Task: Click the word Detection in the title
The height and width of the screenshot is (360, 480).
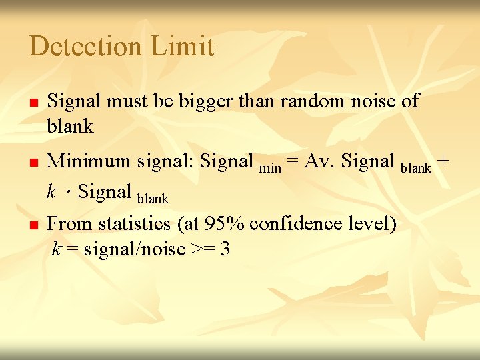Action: point(85,47)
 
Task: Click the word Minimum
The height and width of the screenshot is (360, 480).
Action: point(89,161)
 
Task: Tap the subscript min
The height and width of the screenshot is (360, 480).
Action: point(269,168)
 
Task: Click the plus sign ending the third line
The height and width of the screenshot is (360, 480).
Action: point(444,162)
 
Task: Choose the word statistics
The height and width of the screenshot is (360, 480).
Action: point(133,223)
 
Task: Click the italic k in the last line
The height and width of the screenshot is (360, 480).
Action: point(57,249)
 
